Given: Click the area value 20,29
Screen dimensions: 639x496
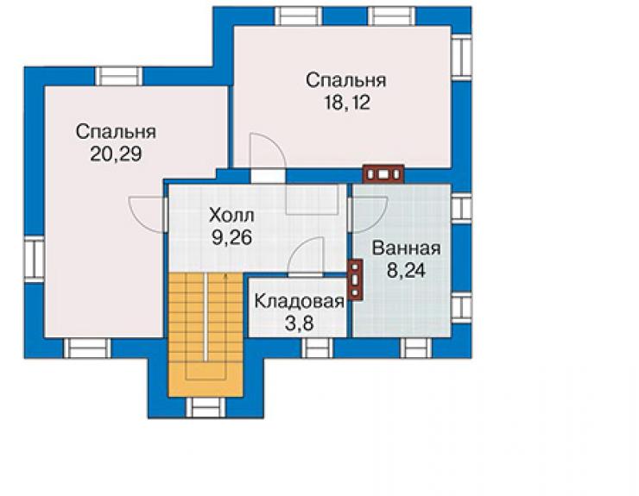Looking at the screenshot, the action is pos(116,154).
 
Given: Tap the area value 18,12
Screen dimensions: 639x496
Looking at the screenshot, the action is pos(347,102).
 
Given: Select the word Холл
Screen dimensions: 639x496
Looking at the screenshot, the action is pos(231,215).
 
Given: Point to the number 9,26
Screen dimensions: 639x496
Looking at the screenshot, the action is pos(231,237).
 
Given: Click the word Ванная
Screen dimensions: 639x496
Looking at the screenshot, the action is pos(407,248).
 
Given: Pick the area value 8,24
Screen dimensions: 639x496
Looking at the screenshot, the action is pos(407,270).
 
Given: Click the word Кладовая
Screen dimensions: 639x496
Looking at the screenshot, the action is pos(300,302).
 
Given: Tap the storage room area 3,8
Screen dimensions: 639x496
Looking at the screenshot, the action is pos(299,324).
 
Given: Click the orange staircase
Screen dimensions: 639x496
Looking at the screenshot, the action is pos(206,334).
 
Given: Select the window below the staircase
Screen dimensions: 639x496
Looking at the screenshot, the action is pos(206,407).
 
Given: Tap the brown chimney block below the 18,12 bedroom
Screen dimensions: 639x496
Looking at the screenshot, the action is pos(383,174).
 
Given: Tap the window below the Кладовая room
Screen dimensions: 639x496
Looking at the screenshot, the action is pos(318,348).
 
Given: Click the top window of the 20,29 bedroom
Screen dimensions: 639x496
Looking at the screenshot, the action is pos(118,76).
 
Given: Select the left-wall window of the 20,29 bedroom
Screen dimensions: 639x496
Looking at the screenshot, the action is pos(35,259).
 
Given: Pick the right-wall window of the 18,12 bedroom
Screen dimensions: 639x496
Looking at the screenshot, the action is pos(461,57).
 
